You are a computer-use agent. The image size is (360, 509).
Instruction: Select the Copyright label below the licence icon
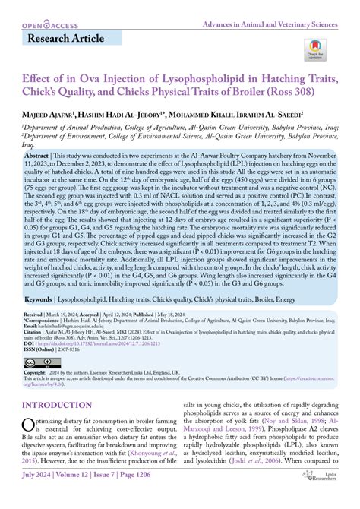coord(37,372)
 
